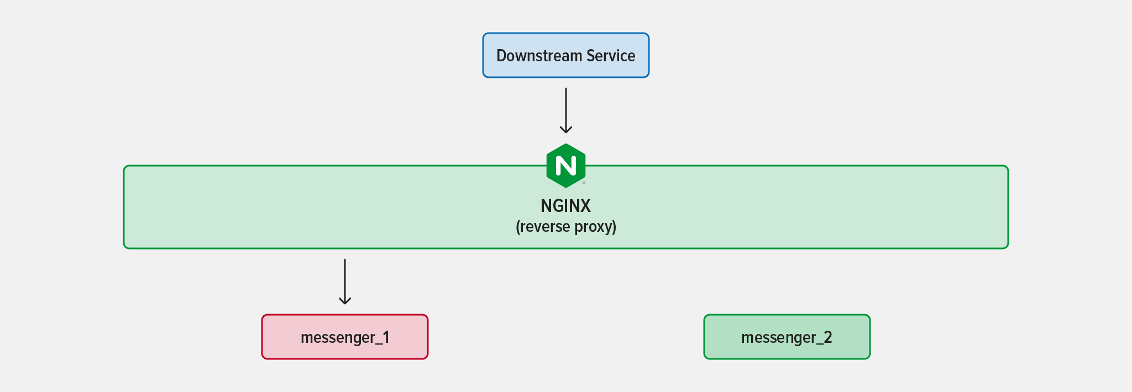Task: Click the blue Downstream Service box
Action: (x=566, y=55)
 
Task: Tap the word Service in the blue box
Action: (x=611, y=56)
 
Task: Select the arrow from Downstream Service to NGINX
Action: (x=566, y=110)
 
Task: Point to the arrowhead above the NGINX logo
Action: (x=566, y=130)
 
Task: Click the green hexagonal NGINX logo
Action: (x=566, y=166)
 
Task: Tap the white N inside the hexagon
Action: (x=566, y=166)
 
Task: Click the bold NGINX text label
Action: (x=566, y=206)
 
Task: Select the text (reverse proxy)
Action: (x=566, y=227)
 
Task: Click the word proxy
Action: (x=595, y=227)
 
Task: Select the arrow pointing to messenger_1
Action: (x=345, y=282)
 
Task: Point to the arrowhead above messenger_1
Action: (x=345, y=300)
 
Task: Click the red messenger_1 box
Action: (x=345, y=337)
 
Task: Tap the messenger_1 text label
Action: (x=345, y=338)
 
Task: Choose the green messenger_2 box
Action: (x=787, y=337)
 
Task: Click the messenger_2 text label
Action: (x=787, y=338)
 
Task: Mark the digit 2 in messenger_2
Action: (x=827, y=337)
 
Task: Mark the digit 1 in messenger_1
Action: (x=386, y=337)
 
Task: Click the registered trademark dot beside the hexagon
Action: (x=584, y=183)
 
